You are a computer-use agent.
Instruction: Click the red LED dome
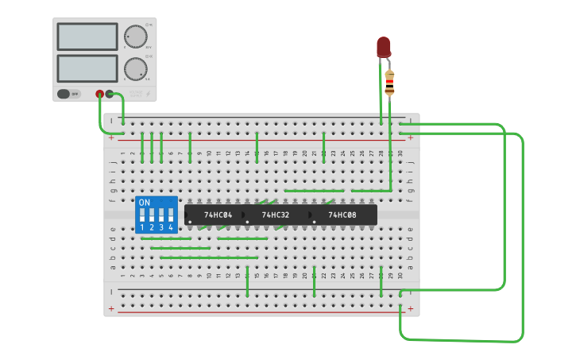pyautogui.click(x=384, y=46)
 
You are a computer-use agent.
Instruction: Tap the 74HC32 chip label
pyautogui.click(x=275, y=215)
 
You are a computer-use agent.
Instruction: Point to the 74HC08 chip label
pyautogui.click(x=342, y=215)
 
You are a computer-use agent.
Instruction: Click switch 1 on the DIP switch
pyautogui.click(x=142, y=215)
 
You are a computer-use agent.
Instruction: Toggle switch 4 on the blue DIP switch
pyautogui.click(x=170, y=215)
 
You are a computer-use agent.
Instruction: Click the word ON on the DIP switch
pyautogui.click(x=144, y=202)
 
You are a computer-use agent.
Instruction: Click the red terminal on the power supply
pyautogui.click(x=100, y=94)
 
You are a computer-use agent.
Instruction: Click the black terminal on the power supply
pyautogui.click(x=110, y=94)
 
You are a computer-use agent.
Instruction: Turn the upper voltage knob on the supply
pyautogui.click(x=136, y=37)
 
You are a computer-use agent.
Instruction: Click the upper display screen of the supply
pyautogui.click(x=87, y=36)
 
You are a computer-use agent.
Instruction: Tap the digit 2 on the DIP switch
pyautogui.click(x=152, y=227)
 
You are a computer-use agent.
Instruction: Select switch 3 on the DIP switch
pyautogui.click(x=161, y=215)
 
